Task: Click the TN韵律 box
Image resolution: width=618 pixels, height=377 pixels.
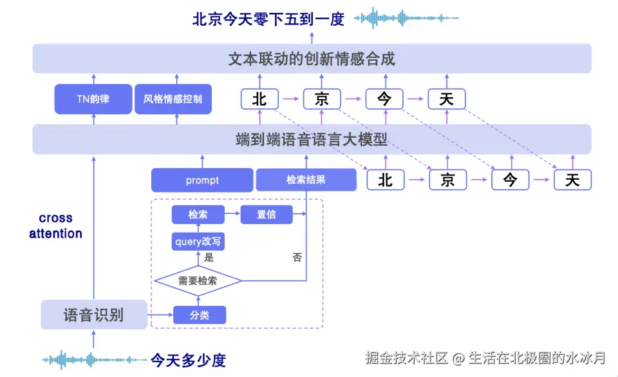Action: click(x=93, y=99)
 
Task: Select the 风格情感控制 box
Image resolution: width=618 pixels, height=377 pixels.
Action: click(x=173, y=99)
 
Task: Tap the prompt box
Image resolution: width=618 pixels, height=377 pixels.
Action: click(x=202, y=180)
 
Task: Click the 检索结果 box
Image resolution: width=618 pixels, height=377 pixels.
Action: click(x=306, y=180)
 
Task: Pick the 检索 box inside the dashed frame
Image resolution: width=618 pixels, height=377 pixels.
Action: click(x=198, y=215)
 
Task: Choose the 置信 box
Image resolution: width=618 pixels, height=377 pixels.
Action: click(x=267, y=215)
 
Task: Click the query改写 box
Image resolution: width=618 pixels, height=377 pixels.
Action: click(x=198, y=242)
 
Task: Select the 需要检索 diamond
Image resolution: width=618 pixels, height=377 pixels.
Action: click(x=198, y=281)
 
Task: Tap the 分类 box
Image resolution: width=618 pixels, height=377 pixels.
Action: click(x=200, y=315)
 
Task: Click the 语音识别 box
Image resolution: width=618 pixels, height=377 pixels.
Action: click(x=93, y=315)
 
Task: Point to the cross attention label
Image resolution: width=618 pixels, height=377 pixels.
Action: click(x=55, y=226)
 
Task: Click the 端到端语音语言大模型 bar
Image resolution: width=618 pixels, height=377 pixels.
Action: click(x=312, y=139)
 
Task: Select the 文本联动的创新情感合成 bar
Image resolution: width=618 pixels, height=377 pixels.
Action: click(x=312, y=59)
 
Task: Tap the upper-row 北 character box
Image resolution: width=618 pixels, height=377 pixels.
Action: click(x=259, y=99)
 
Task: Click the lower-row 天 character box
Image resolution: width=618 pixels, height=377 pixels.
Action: click(x=572, y=180)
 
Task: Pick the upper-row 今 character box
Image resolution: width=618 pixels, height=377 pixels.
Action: click(x=384, y=99)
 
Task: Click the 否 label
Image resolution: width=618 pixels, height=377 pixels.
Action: click(x=297, y=257)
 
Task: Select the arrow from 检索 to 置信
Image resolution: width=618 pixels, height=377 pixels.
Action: click(x=232, y=215)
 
